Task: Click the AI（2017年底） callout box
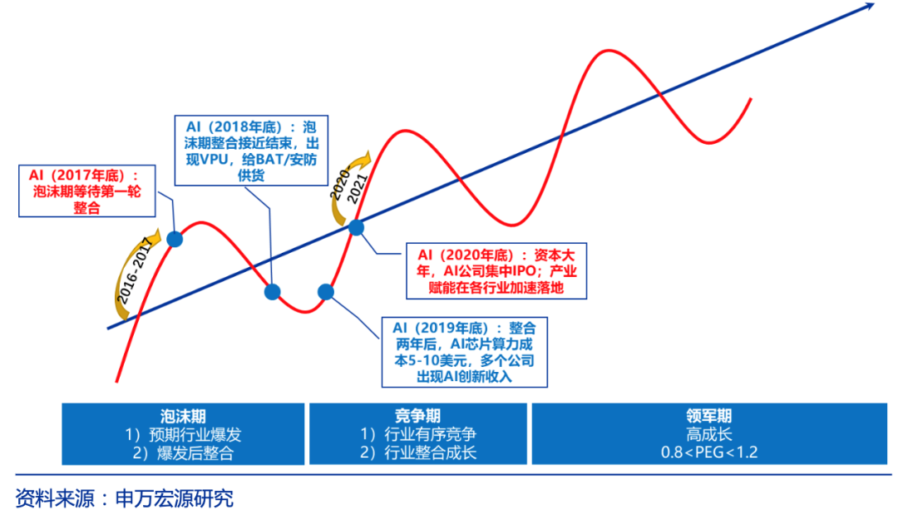86,191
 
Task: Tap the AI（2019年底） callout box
465,351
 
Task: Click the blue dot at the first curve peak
175,240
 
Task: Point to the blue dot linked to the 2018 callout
272,291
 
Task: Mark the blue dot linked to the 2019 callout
326,291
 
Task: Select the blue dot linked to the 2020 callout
356,226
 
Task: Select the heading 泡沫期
184,416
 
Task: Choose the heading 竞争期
418,416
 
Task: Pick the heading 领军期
709,416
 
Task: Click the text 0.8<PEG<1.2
709,453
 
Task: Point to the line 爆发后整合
184,453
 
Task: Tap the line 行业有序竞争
418,434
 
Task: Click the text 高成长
709,434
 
